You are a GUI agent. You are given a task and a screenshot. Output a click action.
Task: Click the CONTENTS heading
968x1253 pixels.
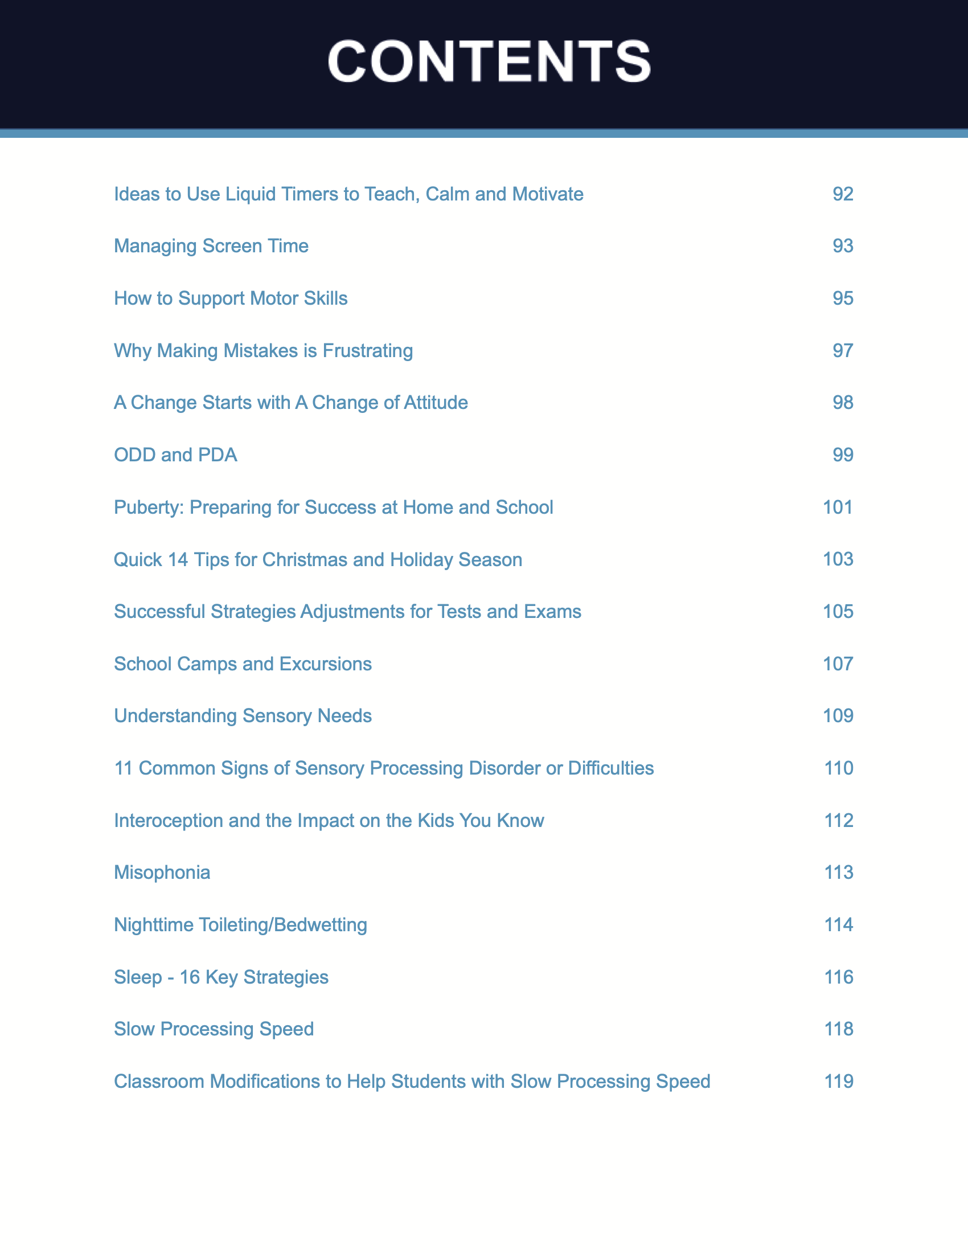[x=489, y=62]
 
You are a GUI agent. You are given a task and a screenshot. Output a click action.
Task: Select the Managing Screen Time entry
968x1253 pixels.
[x=211, y=246]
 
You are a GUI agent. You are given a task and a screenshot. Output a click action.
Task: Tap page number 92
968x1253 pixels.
[x=842, y=194]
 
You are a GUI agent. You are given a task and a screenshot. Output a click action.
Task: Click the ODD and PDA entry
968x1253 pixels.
[x=175, y=455]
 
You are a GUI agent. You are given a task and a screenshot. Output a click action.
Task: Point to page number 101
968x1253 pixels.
[x=838, y=507]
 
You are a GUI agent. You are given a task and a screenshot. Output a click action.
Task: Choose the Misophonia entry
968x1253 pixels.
[x=162, y=873]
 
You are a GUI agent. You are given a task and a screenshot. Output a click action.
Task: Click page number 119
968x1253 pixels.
[x=838, y=1082]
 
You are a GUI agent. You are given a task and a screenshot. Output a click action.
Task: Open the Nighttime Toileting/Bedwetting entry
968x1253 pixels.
[x=240, y=925]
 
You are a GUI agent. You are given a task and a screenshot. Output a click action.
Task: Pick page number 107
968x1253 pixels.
[x=838, y=664]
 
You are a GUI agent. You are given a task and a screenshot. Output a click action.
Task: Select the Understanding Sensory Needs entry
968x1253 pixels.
[x=243, y=716]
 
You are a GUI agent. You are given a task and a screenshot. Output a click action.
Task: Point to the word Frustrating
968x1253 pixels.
[x=368, y=350]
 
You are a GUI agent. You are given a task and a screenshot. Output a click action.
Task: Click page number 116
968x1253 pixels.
[x=838, y=977]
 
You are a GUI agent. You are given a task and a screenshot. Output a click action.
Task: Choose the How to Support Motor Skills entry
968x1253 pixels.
[x=231, y=298]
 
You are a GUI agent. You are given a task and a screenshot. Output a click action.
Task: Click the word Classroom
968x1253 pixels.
[x=159, y=1082]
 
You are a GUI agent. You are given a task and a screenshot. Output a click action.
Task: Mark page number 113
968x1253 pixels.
[x=838, y=873]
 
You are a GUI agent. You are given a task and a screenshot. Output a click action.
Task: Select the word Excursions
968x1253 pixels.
[x=325, y=664]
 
